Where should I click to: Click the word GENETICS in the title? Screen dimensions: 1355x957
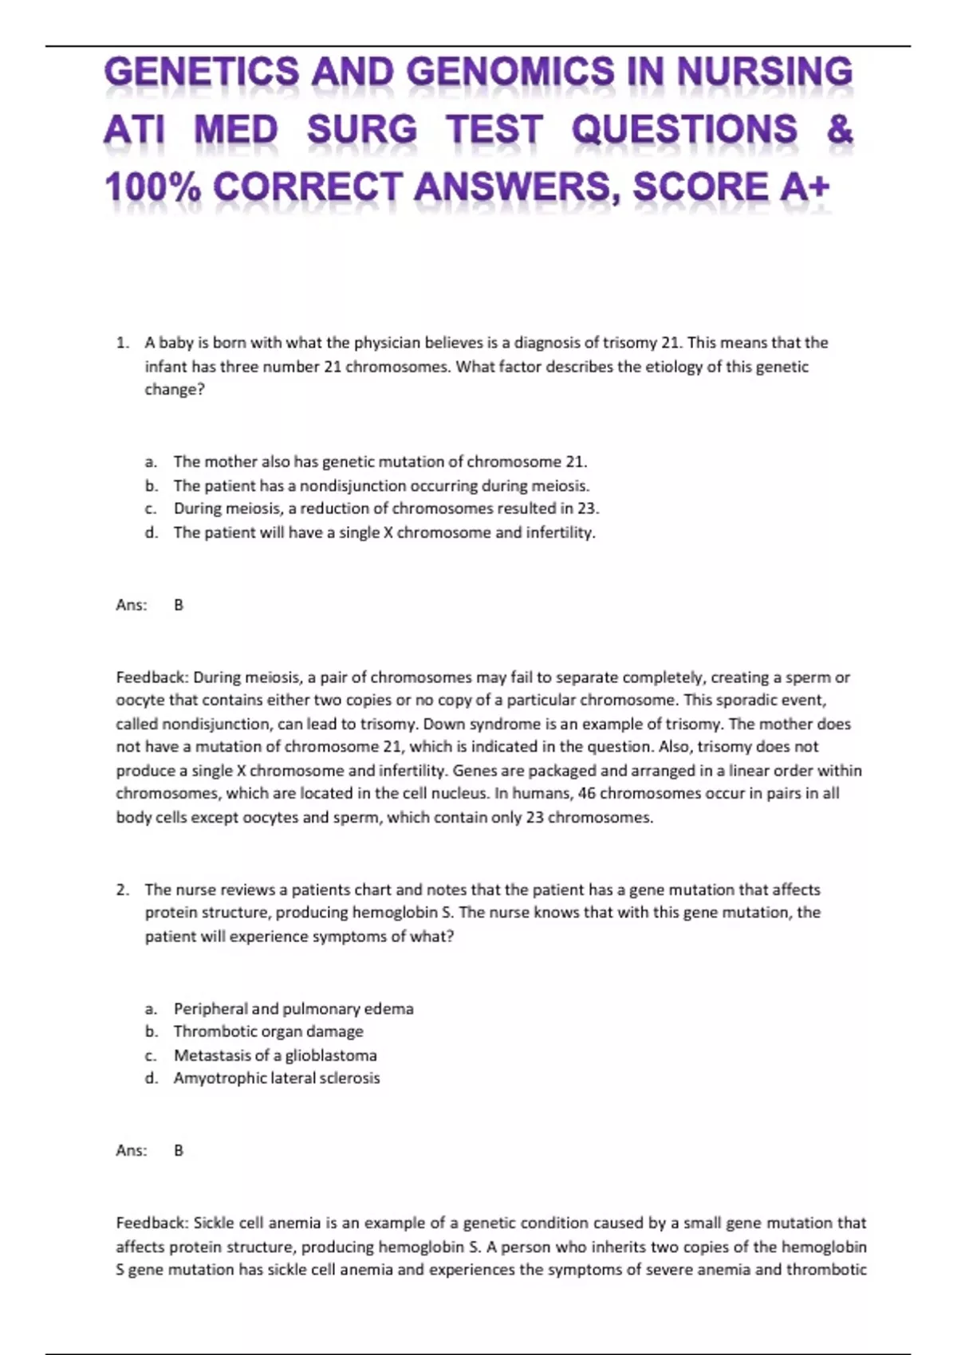pos(200,73)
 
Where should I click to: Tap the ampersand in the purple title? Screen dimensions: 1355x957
pos(840,129)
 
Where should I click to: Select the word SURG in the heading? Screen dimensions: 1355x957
pos(362,129)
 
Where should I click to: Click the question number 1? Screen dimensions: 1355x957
pos(121,343)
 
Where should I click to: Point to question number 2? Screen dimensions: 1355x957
pos(121,890)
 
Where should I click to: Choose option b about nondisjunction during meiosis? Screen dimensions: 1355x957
pos(381,485)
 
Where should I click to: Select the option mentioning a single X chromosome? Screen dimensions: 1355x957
pos(384,532)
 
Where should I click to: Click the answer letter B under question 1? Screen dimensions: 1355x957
pos(179,605)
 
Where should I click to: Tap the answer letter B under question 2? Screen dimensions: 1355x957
pos(179,1150)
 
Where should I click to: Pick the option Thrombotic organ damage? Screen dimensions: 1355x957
pos(268,1031)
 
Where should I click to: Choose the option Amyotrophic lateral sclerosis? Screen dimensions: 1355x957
pos(277,1078)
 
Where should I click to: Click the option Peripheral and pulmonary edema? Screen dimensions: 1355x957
pos(293,1008)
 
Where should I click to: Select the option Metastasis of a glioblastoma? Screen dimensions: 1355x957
pos(275,1055)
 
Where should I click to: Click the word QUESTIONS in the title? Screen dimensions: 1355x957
pos(684,129)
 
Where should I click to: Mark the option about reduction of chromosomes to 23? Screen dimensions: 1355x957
pos(386,509)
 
